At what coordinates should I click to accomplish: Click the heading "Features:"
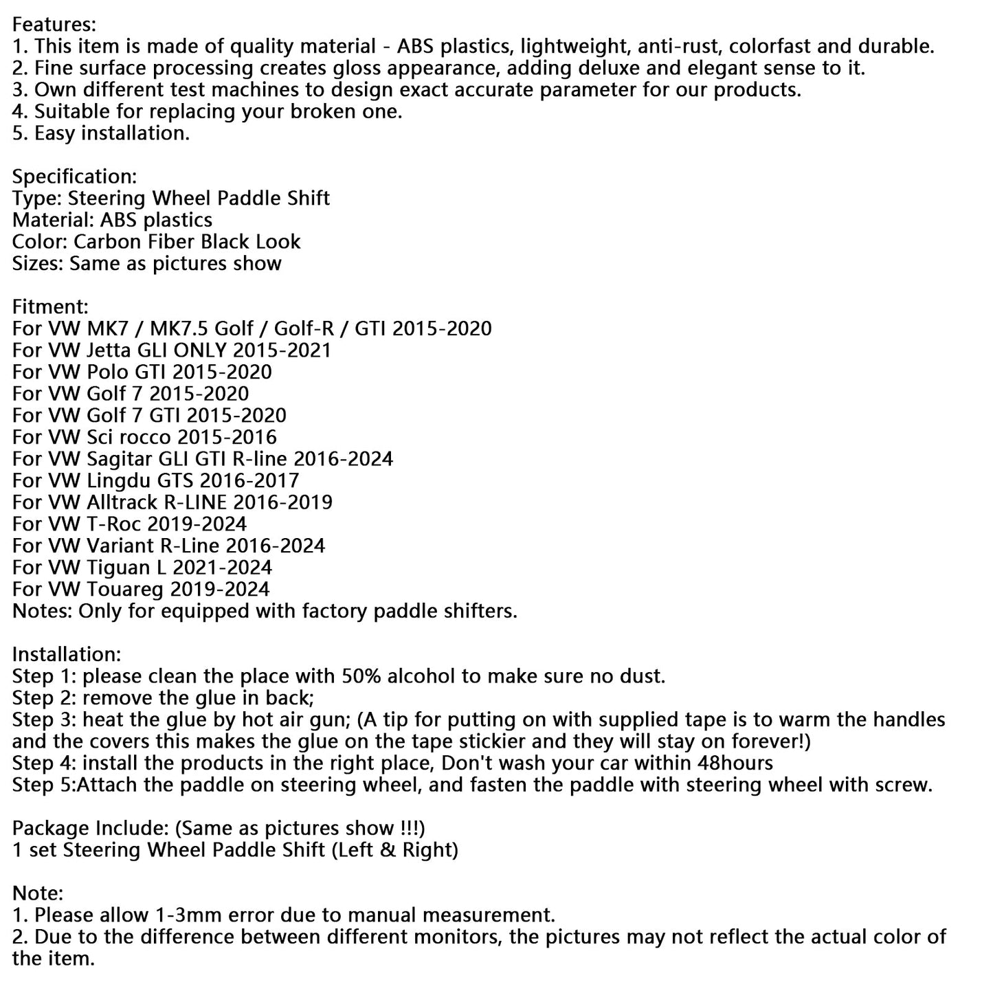pos(54,25)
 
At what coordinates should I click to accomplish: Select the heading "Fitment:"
pos(51,306)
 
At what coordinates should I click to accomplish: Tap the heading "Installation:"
pos(67,654)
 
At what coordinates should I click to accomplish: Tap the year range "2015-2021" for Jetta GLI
pos(282,350)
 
